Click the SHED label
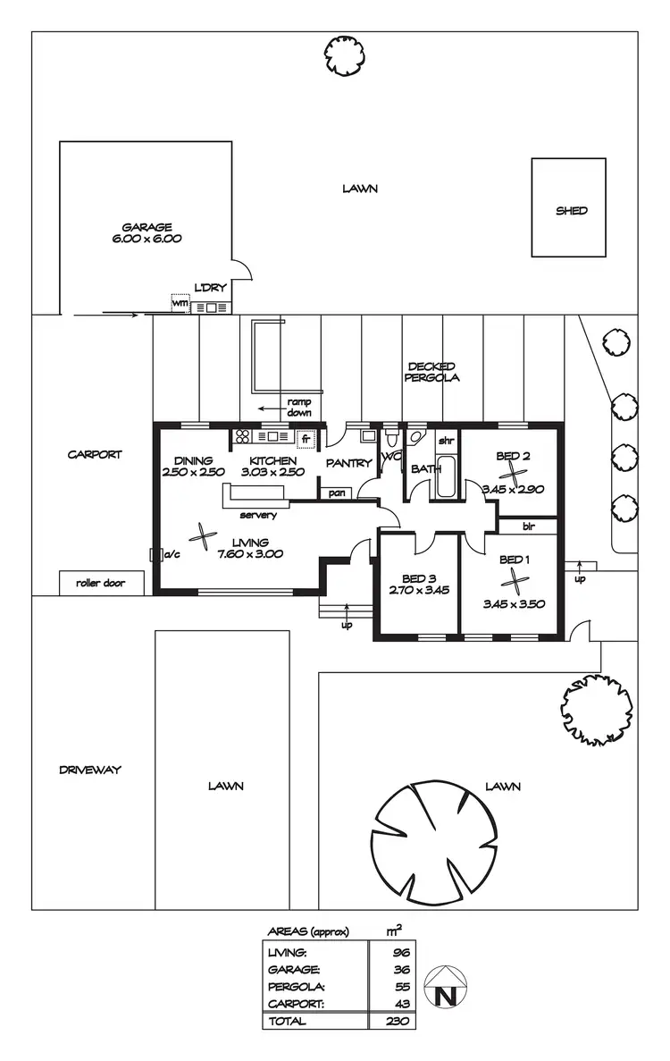[x=572, y=211]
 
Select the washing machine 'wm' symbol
[x=180, y=304]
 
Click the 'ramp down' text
[x=298, y=408]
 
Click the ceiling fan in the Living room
[x=203, y=537]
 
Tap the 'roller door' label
[x=100, y=584]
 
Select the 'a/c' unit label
[x=173, y=554]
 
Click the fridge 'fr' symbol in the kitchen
[x=306, y=439]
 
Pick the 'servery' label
[x=258, y=515]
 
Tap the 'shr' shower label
[x=446, y=442]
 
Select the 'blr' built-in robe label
[x=529, y=526]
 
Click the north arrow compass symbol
[x=443, y=988]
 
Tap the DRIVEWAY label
[x=89, y=770]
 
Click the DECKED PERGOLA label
[x=432, y=372]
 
